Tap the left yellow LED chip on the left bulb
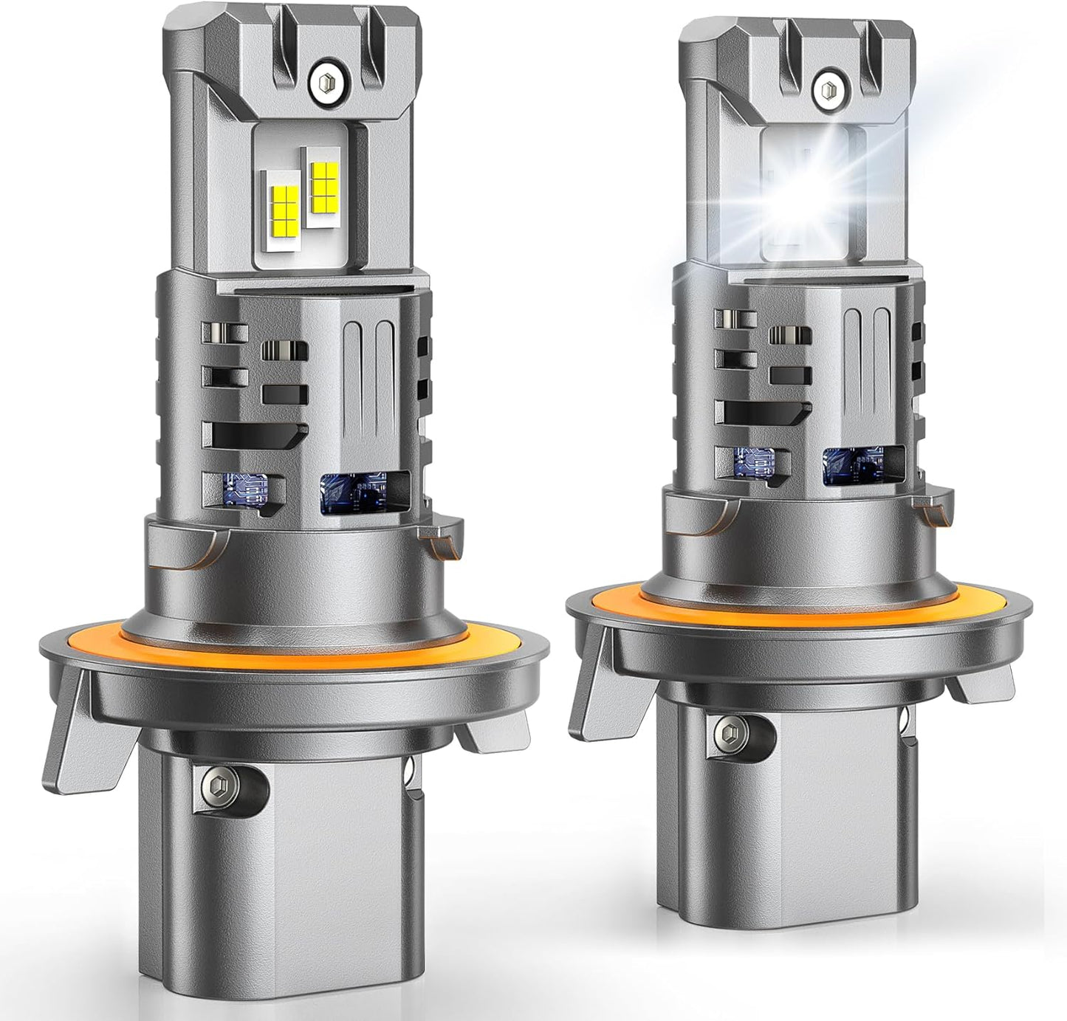pyautogui.click(x=283, y=207)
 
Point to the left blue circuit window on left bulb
pyautogui.click(x=249, y=488)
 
